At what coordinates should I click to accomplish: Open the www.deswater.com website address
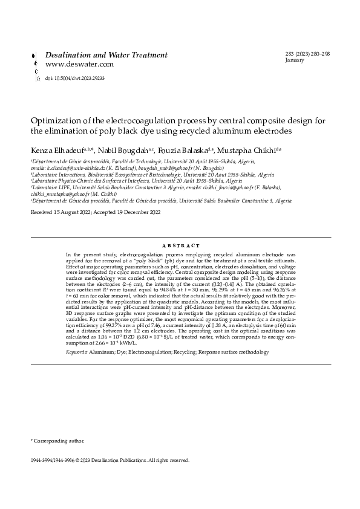pos(79,63)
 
